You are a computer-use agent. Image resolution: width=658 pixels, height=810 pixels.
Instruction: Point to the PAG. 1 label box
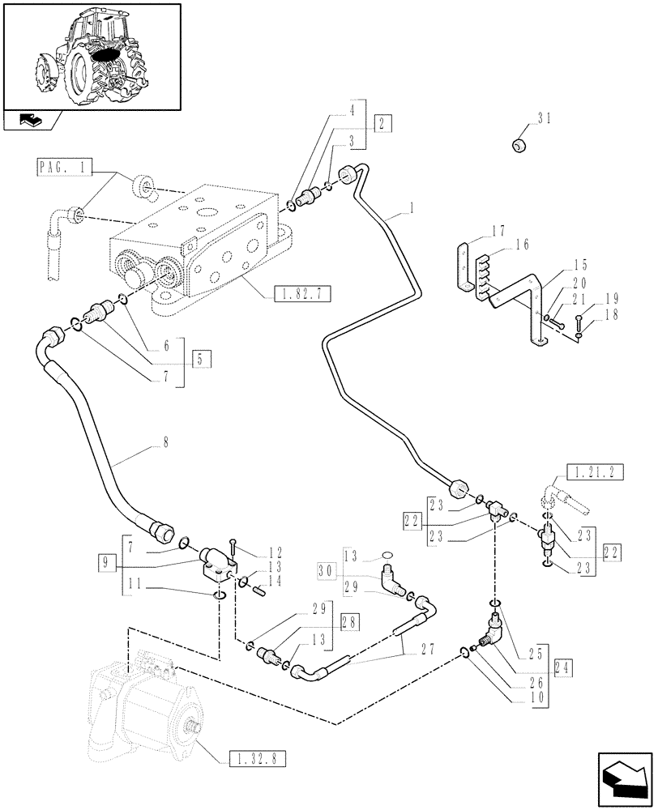(64, 168)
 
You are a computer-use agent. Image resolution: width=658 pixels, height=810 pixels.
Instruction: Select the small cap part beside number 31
(518, 145)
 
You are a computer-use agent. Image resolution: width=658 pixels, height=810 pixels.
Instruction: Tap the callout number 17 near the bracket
(498, 230)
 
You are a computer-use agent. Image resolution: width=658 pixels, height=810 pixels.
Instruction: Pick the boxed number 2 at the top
(383, 123)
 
